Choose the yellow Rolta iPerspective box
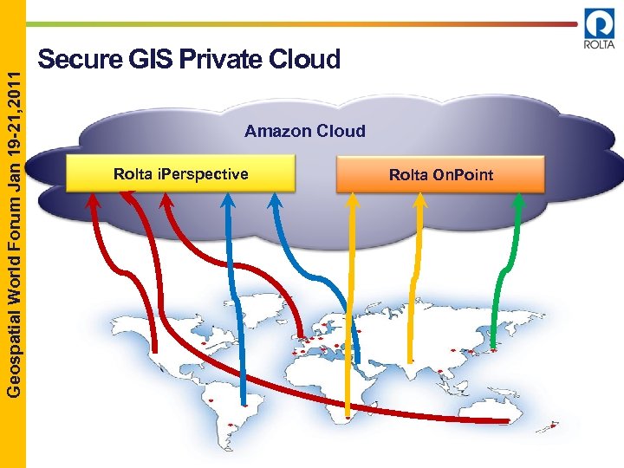(180, 174)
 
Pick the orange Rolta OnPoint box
(440, 175)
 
